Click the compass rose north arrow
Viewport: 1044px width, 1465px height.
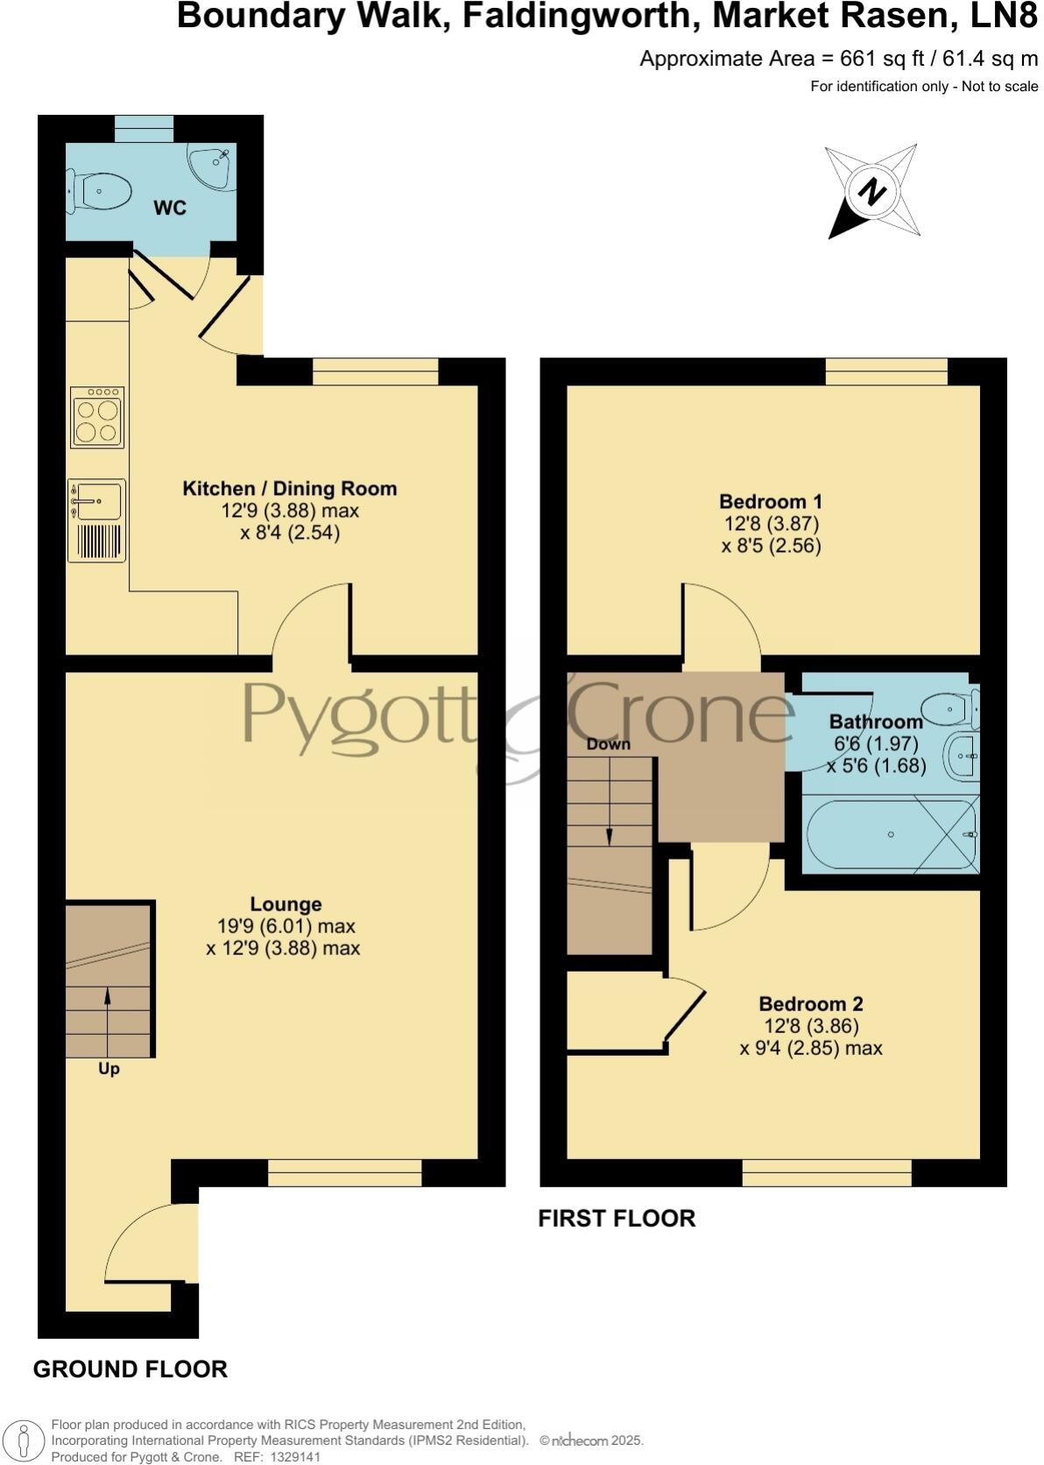[871, 192]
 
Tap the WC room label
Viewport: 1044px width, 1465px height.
[170, 208]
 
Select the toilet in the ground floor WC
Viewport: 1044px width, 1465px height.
[100, 190]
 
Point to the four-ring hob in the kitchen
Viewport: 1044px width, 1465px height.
[97, 418]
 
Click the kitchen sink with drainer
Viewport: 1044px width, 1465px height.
[96, 520]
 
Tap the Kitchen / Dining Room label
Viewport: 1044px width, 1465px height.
[289, 489]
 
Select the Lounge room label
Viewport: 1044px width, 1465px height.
[286, 904]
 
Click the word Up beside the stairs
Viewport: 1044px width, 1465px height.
[109, 1069]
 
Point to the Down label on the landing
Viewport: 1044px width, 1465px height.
[608, 744]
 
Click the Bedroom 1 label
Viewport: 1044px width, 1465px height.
[771, 502]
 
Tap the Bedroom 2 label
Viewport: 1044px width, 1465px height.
[811, 1004]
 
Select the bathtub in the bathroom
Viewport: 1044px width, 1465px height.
[891, 834]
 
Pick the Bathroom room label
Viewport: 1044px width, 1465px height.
[876, 722]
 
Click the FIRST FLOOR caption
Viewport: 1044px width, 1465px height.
[617, 1219]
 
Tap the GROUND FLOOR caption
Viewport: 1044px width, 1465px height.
[130, 1369]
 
